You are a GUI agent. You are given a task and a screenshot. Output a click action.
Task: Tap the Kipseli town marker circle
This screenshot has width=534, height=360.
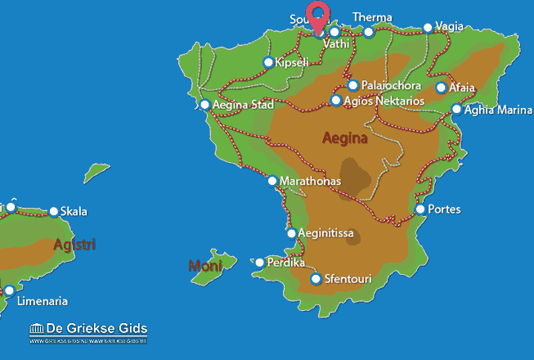pos(268,62)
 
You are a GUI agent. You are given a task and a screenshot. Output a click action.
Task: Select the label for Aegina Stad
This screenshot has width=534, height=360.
pos(243,105)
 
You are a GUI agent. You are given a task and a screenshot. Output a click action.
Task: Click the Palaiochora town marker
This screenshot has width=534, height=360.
pos(352,85)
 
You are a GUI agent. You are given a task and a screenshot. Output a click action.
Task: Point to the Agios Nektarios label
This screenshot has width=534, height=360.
pos(384,101)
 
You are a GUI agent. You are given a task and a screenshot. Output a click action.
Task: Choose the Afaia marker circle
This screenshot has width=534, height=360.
pos(442,88)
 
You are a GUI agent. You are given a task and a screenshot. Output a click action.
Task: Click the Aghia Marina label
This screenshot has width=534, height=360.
pos(497,110)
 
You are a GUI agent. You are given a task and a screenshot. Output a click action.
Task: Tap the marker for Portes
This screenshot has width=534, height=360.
pos(420,209)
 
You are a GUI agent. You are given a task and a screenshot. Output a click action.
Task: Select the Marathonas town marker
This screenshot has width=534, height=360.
pos(272,180)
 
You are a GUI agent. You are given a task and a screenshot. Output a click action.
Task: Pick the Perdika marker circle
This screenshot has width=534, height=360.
pos(260,263)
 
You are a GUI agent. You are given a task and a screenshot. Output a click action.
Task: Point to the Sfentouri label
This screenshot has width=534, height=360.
pos(349,280)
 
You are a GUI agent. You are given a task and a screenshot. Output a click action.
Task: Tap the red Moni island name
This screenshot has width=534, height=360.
pos(204,265)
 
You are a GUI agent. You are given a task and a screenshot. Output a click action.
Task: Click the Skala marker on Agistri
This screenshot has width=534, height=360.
pos(54,211)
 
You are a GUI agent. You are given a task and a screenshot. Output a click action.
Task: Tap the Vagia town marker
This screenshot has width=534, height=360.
pos(427,27)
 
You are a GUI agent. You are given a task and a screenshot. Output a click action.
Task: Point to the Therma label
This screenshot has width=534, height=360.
pos(372,17)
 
